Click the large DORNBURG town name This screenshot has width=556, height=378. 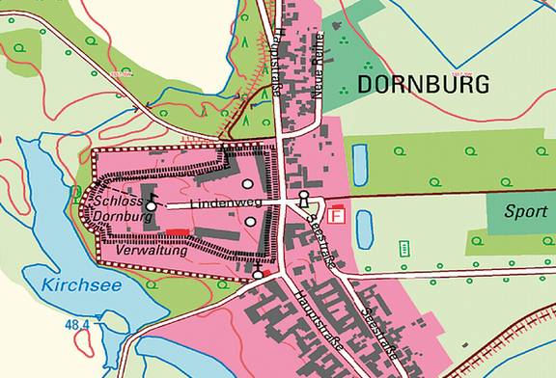coord(423,84)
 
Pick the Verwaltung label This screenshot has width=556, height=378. coord(149,249)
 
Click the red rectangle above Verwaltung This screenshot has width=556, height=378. coord(176,232)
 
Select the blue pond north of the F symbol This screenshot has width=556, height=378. coord(361,165)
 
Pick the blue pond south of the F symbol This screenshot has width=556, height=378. coord(364,229)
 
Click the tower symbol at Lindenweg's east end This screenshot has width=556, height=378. coord(305,200)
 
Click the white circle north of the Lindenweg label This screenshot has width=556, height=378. coord(248,183)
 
